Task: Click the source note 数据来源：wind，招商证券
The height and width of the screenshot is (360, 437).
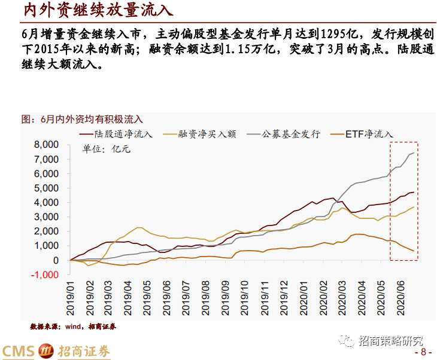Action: click(72, 327)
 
